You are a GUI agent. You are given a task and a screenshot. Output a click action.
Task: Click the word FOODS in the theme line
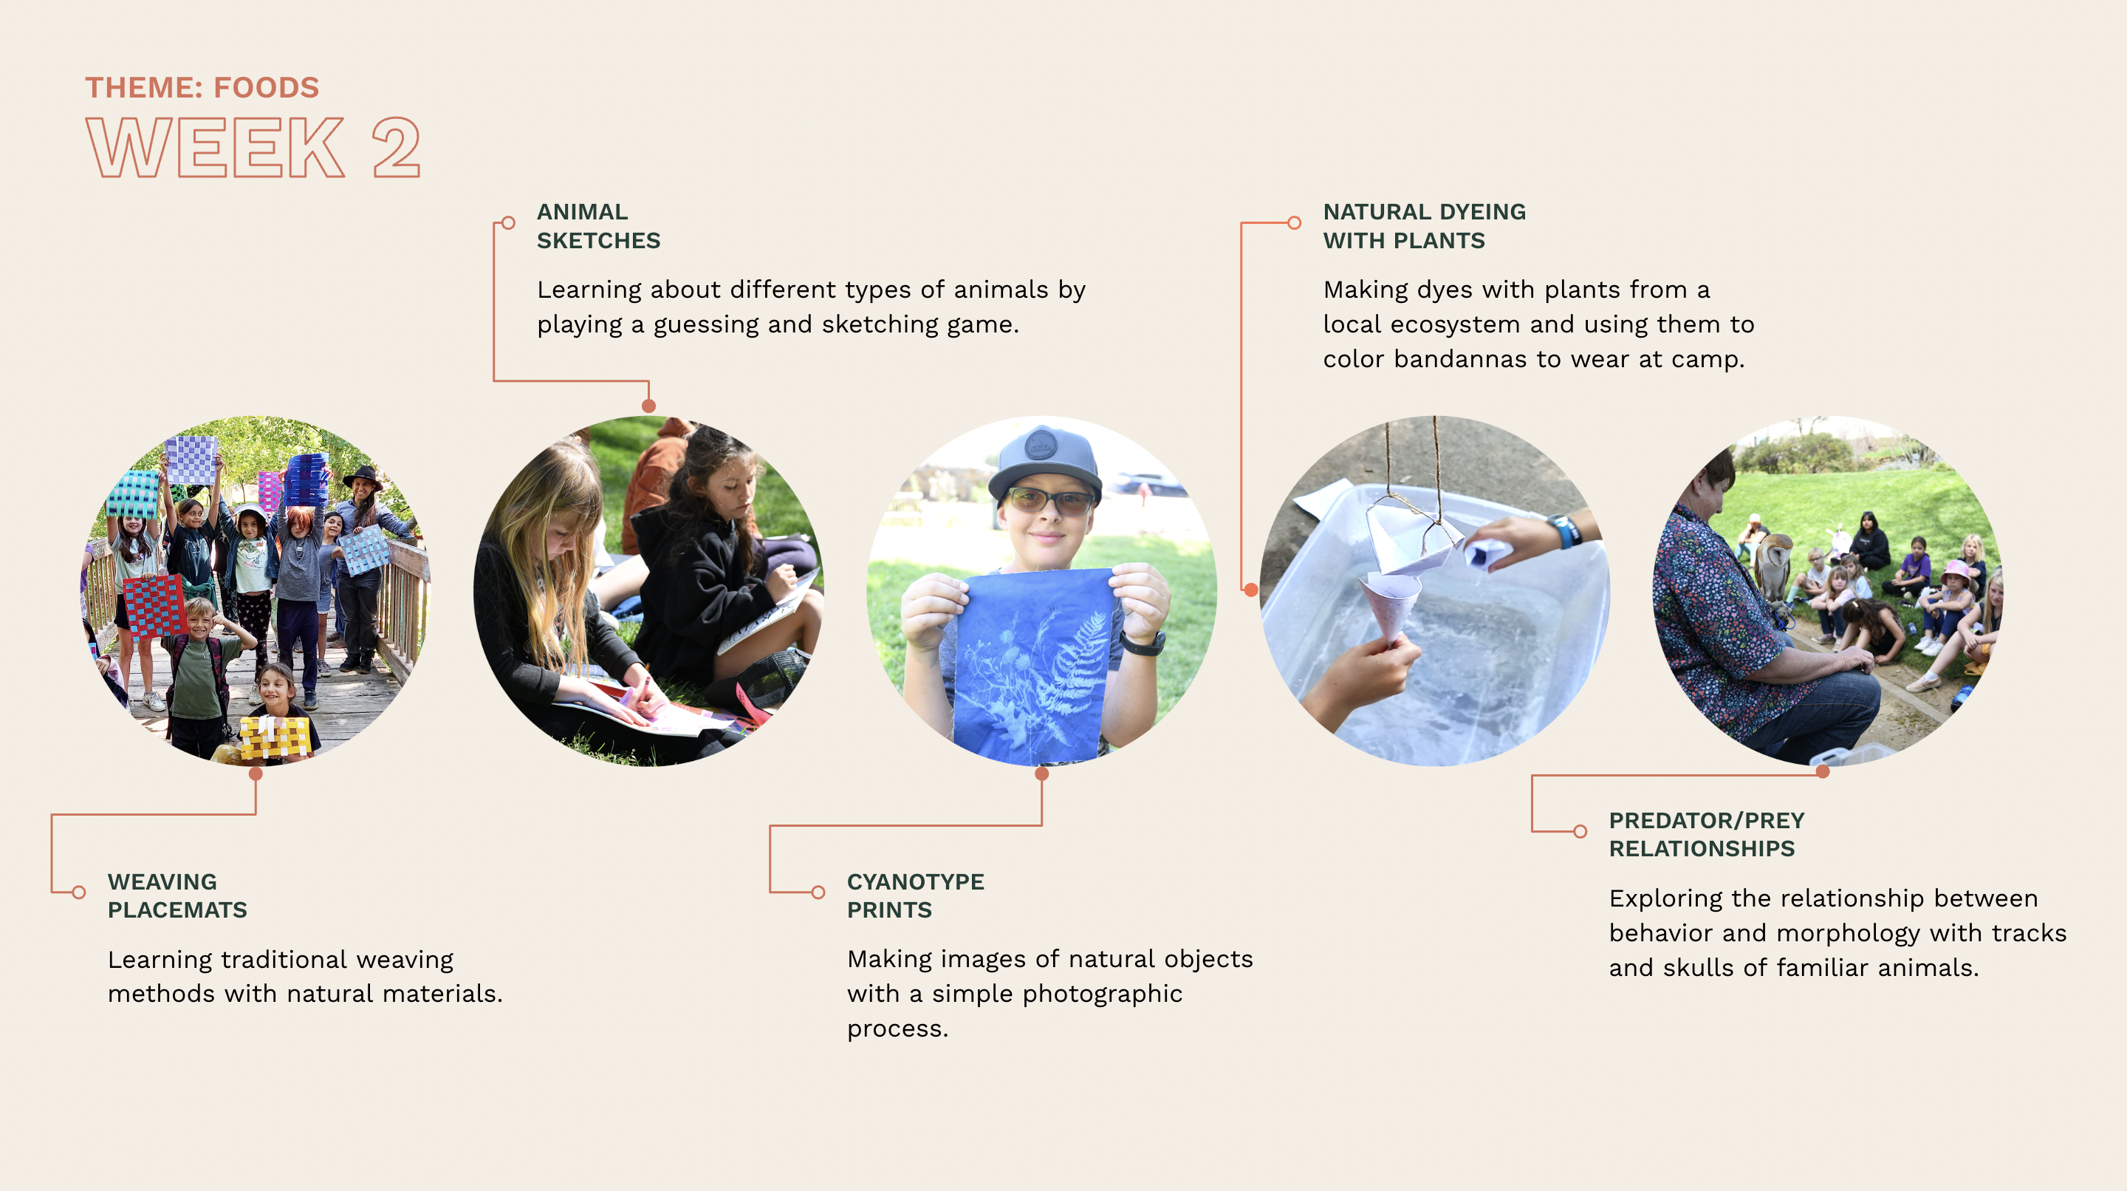pos(266,87)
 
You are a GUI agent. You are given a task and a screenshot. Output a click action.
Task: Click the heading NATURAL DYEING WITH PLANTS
pos(1425,225)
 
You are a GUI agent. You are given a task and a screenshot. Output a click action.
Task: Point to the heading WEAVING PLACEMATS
pos(177,895)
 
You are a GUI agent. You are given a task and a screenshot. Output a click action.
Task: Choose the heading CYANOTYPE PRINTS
pos(915,895)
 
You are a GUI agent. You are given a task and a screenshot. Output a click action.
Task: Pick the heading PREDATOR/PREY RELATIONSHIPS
pos(1706,834)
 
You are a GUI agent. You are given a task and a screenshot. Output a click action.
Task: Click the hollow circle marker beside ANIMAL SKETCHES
pos(509,223)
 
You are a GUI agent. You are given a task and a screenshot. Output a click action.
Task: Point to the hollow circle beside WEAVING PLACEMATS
pos(78,892)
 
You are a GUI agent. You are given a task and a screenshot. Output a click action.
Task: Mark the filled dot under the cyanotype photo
pos(1042,774)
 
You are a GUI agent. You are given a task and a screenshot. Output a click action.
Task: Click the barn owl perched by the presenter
pos(1772,566)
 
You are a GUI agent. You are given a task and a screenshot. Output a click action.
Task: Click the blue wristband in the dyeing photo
pos(1563,531)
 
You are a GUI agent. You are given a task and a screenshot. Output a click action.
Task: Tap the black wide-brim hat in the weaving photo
pos(363,477)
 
